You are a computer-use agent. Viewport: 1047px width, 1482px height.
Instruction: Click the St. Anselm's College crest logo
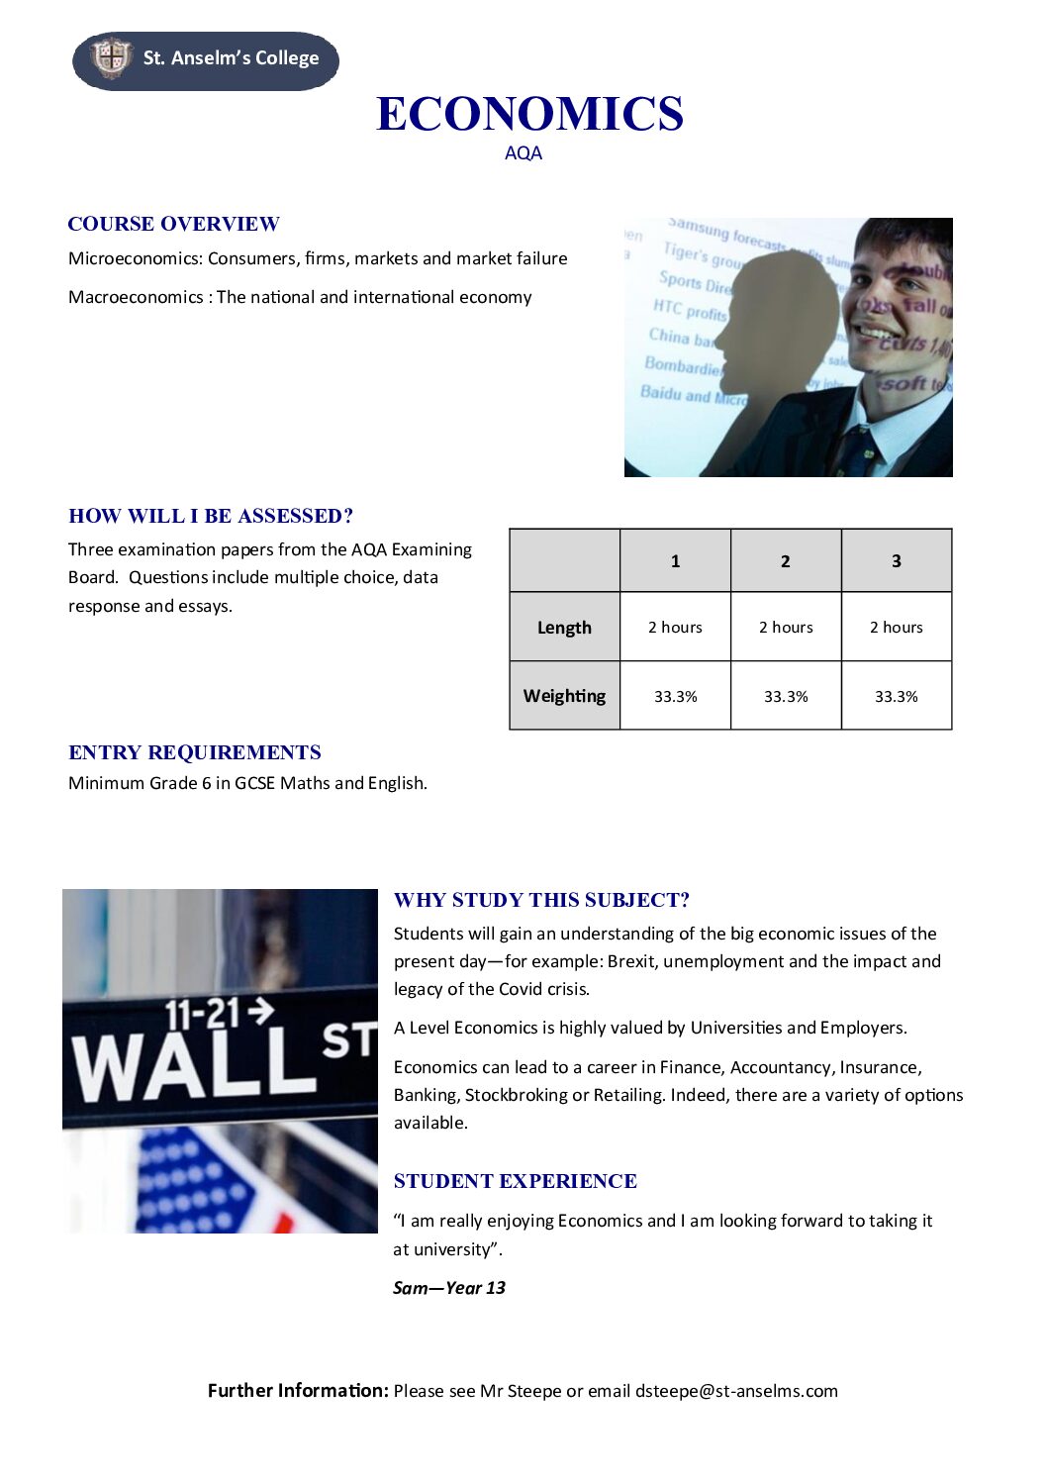click(x=110, y=57)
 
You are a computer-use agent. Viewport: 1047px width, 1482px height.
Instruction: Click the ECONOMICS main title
click(x=529, y=114)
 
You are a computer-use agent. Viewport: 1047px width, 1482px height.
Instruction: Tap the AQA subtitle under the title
click(x=523, y=153)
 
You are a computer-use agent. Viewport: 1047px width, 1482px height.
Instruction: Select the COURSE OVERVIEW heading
click(x=173, y=224)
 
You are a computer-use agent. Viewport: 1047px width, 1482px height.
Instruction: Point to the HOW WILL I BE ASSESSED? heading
click(x=211, y=516)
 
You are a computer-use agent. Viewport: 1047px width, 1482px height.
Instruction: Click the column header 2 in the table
click(x=786, y=561)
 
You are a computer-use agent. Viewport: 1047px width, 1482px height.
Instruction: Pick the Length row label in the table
click(x=564, y=628)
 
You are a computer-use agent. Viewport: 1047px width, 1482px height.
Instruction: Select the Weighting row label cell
click(x=564, y=696)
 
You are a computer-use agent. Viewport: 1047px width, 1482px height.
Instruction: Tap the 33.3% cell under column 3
click(x=896, y=697)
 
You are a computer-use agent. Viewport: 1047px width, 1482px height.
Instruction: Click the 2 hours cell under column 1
click(x=675, y=628)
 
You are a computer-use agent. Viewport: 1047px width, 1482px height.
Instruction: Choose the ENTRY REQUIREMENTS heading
click(x=195, y=752)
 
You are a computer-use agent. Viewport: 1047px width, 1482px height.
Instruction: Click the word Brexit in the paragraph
click(x=631, y=961)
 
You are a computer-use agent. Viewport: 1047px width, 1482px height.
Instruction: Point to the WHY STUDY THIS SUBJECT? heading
click(x=541, y=900)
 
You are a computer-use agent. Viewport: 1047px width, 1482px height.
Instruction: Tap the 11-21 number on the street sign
click(x=202, y=1015)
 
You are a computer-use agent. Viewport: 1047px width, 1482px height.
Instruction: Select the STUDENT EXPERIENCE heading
click(x=515, y=1181)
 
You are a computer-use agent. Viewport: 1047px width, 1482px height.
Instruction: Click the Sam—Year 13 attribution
click(x=449, y=1288)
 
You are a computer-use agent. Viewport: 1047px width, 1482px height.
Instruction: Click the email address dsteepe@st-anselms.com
click(x=736, y=1391)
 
